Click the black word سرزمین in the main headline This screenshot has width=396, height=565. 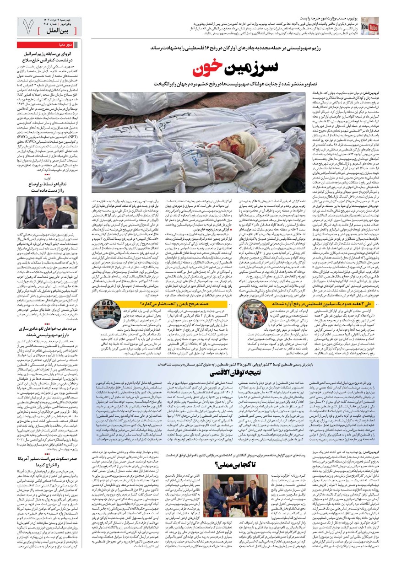pyautogui.click(x=252, y=67)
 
